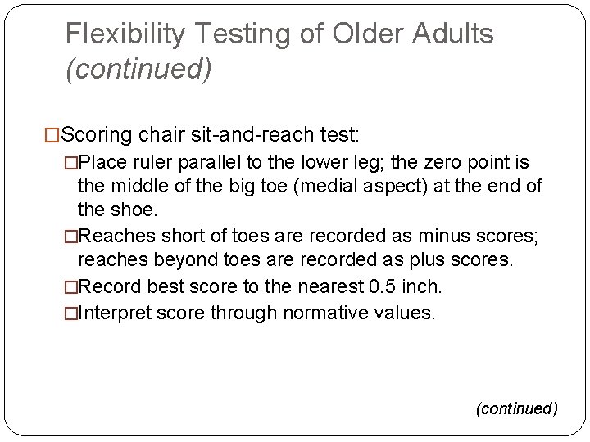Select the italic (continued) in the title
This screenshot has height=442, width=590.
click(138, 70)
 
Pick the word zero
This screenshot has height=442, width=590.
click(420, 160)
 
